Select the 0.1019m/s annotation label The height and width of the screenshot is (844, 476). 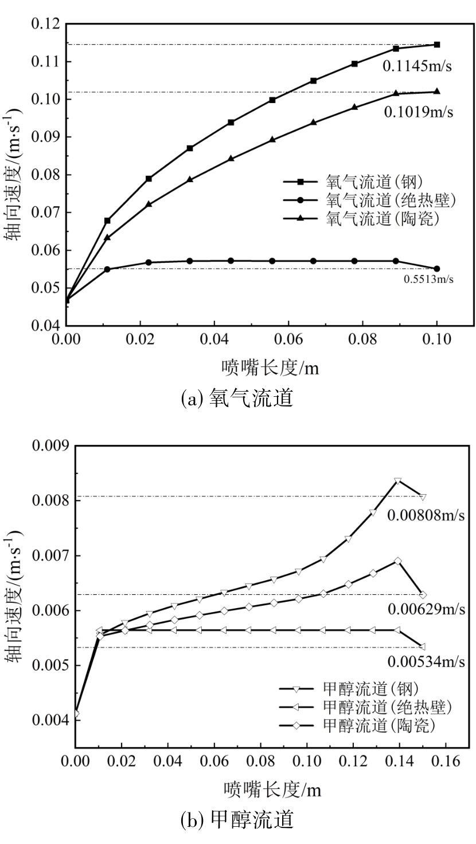419,113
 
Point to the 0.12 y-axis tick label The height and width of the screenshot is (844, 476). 46,24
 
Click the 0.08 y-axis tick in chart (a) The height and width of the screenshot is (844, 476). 46,175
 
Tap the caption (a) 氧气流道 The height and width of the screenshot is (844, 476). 237,397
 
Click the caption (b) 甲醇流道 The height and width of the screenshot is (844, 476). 237,821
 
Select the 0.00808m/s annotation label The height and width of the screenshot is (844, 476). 426,515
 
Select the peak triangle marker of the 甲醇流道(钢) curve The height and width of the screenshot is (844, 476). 398,480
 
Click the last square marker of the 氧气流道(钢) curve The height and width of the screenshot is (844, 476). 437,44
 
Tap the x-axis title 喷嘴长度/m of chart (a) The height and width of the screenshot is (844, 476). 270,368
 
